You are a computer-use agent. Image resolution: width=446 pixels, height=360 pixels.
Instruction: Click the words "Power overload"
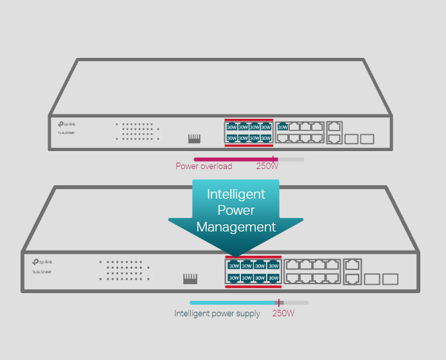pos(204,166)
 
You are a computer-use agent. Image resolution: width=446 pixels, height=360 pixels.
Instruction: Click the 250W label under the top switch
pos(267,166)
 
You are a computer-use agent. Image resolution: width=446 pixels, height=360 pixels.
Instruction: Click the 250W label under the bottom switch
pos(283,314)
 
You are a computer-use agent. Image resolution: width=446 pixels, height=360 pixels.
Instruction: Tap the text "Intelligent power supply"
pos(217,314)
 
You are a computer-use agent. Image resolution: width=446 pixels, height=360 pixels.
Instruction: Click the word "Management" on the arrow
pos(236,227)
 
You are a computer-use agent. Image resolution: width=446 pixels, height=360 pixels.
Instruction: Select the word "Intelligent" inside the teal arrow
pos(236,194)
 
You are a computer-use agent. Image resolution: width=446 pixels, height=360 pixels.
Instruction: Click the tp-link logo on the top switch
pos(67,125)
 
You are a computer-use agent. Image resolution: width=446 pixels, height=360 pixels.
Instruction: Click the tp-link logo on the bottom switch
pos(42,262)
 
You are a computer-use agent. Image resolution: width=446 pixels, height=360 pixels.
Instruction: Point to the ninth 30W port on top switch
pos(282,127)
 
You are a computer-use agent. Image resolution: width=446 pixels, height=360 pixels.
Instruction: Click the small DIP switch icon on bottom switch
pos(190,278)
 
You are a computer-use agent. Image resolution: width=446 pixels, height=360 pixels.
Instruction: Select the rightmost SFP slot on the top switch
pos(367,138)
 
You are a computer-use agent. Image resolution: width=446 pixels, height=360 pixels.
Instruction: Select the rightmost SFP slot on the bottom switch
pos(390,279)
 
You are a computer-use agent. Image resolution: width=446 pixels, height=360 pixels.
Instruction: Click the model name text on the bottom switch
pos(42,272)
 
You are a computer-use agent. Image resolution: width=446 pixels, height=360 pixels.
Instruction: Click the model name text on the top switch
pos(66,133)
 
